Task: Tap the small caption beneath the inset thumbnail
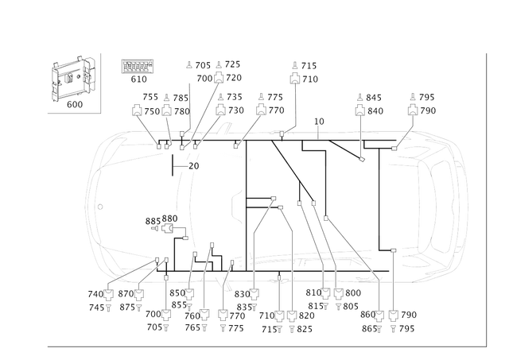pyautogui.click(x=75, y=104)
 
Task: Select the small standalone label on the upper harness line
pyautogui.click(x=319, y=121)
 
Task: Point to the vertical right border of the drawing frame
pyautogui.click(x=484, y=199)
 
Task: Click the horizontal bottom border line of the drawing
pyautogui.click(x=262, y=346)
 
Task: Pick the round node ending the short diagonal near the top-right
pyautogui.click(x=363, y=161)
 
